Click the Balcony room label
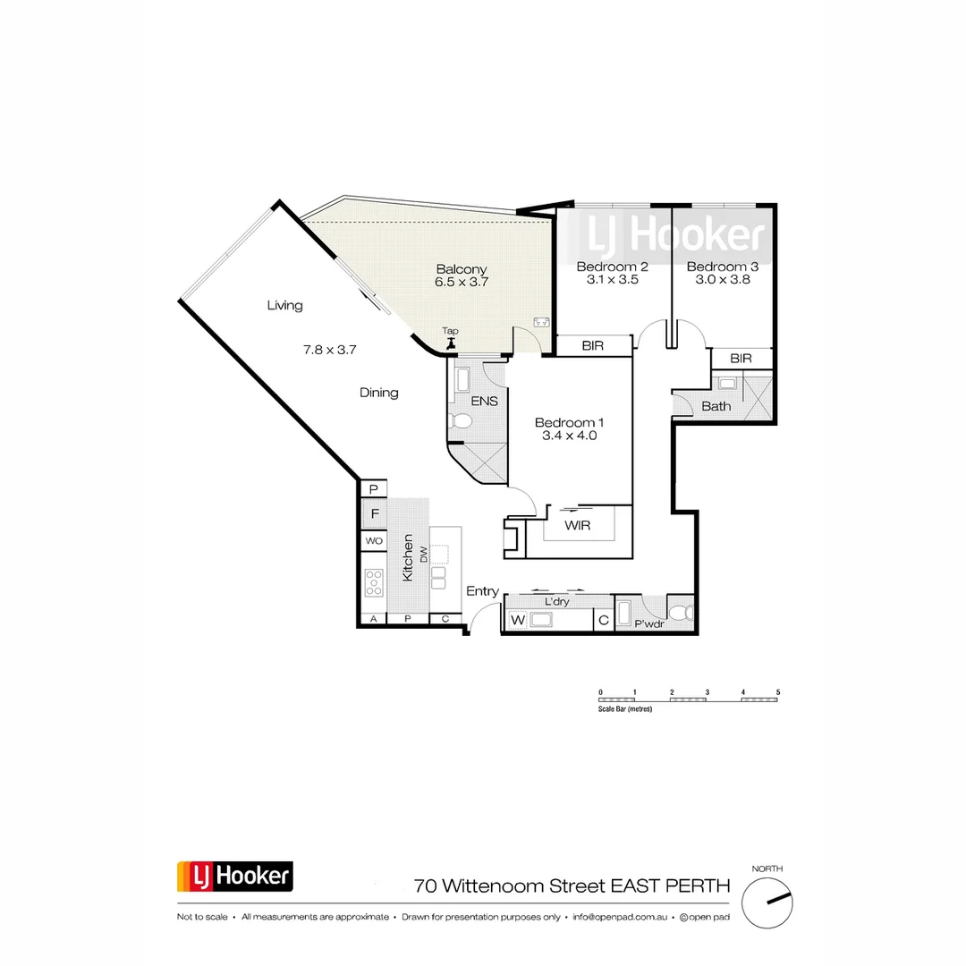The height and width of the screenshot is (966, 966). click(x=462, y=268)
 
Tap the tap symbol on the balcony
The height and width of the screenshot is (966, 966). click(x=451, y=341)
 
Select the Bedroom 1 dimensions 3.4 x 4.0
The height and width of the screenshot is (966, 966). click(x=569, y=436)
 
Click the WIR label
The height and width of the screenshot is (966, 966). click(x=577, y=525)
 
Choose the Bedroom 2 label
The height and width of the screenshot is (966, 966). click(x=612, y=267)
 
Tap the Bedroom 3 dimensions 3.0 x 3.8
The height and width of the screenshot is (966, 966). click(x=723, y=279)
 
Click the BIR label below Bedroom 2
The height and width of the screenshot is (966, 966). click(x=592, y=345)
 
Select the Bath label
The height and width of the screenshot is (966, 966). click(x=716, y=406)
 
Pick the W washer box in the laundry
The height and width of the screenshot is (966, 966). click(x=517, y=620)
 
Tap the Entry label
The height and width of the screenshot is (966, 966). click(x=483, y=591)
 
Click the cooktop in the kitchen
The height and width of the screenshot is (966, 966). click(x=374, y=583)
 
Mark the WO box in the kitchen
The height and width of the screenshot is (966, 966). click(x=374, y=541)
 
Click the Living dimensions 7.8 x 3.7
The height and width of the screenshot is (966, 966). click(x=330, y=350)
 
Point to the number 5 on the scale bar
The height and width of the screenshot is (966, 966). click(x=778, y=692)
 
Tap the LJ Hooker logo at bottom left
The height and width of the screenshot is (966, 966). click(x=235, y=876)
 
